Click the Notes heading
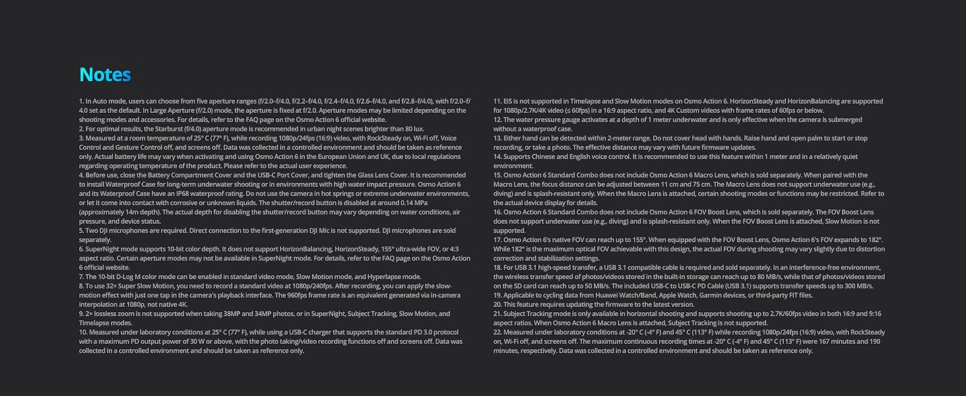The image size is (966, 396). click(105, 75)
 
